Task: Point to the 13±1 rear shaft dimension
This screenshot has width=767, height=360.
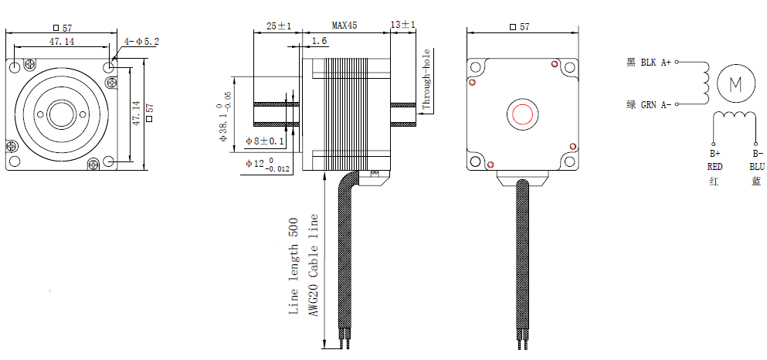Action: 403,25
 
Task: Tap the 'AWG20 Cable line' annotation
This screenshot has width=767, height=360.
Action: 314,267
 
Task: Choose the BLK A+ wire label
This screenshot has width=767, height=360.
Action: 656,63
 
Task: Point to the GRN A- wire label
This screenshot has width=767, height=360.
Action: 656,104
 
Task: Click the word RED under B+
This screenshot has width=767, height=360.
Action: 714,166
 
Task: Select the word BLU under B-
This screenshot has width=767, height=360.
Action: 756,166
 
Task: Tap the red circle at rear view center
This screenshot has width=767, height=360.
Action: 523,114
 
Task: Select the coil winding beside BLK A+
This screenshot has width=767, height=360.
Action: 704,83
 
